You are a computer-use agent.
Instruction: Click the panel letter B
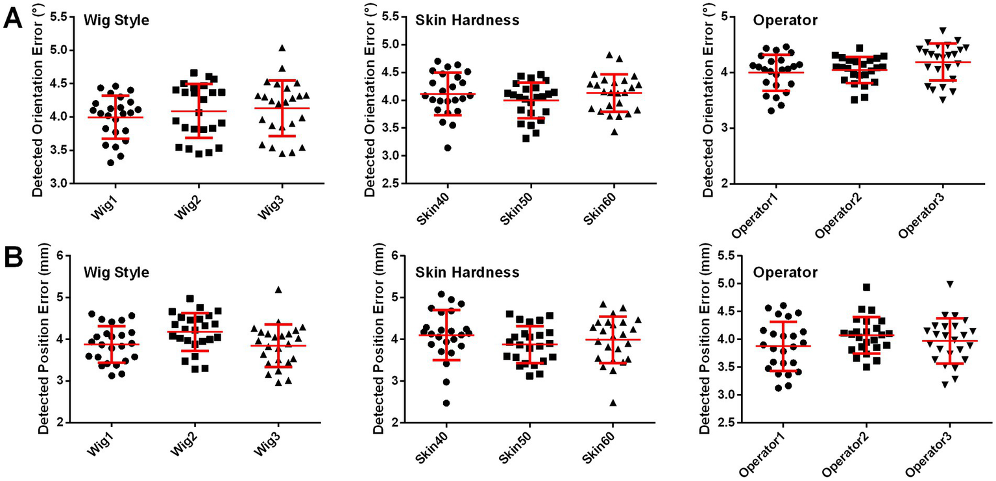[x=14, y=258]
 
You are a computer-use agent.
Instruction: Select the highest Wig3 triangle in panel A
[x=282, y=48]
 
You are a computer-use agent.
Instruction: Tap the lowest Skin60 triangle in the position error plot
[x=613, y=403]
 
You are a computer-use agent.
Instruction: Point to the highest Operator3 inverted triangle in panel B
[x=950, y=284]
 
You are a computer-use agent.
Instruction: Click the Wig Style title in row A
[x=116, y=20]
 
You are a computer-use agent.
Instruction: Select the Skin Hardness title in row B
[x=467, y=272]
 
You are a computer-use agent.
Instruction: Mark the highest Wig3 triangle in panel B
[x=279, y=290]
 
